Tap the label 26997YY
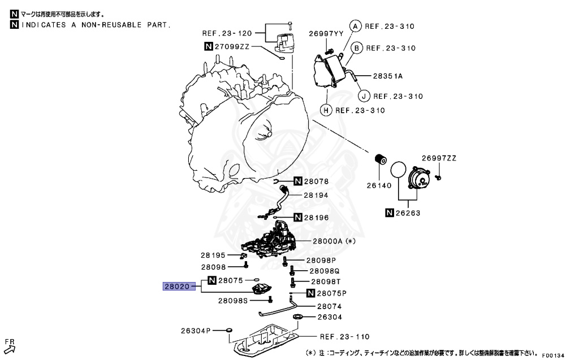click(326, 34)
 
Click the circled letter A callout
click(355, 26)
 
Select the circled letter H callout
click(326, 110)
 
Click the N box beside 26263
click(390, 213)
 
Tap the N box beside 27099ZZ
click(209, 47)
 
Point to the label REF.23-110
click(344, 337)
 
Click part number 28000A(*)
click(333, 241)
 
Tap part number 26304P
click(196, 330)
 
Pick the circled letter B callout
click(356, 48)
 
